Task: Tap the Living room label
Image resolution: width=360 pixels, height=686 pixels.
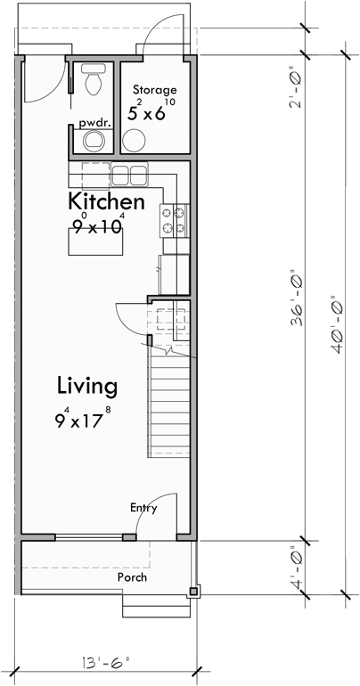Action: [x=86, y=386]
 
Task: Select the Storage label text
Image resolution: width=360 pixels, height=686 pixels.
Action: [x=154, y=90]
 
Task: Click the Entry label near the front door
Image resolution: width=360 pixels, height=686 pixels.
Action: [x=143, y=508]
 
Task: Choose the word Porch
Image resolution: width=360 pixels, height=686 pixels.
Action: [x=132, y=576]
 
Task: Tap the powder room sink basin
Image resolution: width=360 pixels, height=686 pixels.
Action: [x=93, y=142]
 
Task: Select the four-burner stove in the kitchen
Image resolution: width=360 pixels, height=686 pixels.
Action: [x=173, y=220]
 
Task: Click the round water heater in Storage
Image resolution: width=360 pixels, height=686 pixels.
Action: [x=134, y=141]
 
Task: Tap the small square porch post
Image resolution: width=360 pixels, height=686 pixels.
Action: [x=193, y=590]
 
